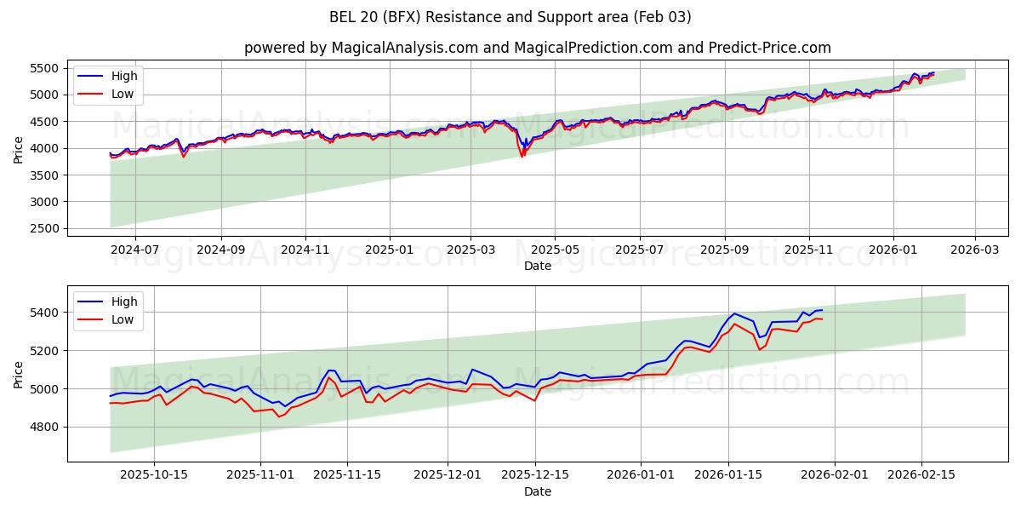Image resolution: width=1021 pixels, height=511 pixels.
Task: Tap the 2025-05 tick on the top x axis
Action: tap(555, 250)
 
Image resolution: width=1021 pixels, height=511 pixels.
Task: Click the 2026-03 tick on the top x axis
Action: tap(974, 250)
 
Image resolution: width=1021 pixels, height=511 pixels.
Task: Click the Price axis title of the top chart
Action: tap(19, 149)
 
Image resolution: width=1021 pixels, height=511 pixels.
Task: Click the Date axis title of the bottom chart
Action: tap(537, 491)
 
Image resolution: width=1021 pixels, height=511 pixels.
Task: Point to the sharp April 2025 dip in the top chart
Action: tap(522, 156)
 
